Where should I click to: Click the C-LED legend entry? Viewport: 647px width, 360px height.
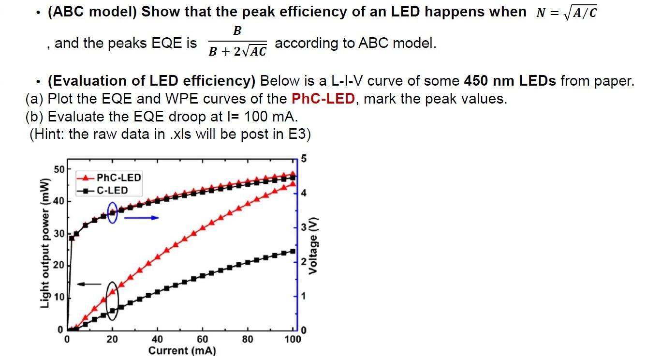(105, 190)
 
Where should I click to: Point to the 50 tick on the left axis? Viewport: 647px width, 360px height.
(59, 169)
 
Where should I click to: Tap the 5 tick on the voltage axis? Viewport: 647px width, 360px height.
(303, 158)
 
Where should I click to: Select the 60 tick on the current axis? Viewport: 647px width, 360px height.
(202, 339)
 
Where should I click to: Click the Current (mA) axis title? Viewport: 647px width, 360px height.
(182, 351)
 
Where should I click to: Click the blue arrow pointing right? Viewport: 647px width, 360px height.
(141, 218)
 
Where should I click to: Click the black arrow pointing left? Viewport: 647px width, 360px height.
(89, 284)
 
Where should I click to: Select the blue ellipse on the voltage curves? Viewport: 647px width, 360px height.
(112, 212)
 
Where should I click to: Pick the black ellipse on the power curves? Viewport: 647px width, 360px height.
(112, 300)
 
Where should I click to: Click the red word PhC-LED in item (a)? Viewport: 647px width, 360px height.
(323, 99)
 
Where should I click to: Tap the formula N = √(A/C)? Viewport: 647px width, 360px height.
(566, 13)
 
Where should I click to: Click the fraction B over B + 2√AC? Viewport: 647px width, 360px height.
(237, 43)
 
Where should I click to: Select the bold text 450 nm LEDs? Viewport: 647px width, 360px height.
(510, 81)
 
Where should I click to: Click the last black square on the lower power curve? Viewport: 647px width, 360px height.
(293, 251)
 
